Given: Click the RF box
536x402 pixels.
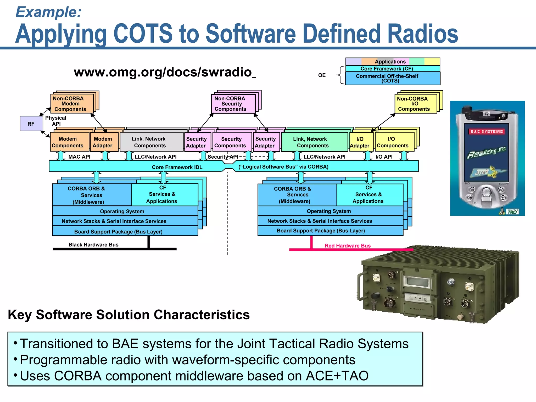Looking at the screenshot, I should tap(31, 124).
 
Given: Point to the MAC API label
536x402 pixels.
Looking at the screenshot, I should tap(79, 157).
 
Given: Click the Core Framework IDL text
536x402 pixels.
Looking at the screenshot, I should tap(177, 167).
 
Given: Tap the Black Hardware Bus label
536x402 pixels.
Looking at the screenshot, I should tap(93, 244).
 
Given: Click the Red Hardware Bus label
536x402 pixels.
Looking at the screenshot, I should tap(348, 245).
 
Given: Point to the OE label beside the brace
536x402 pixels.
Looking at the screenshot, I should tap(322, 75).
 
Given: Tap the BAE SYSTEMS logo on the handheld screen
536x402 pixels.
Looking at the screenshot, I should tap(487, 131).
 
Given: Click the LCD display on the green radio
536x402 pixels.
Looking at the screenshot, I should tap(416, 282).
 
